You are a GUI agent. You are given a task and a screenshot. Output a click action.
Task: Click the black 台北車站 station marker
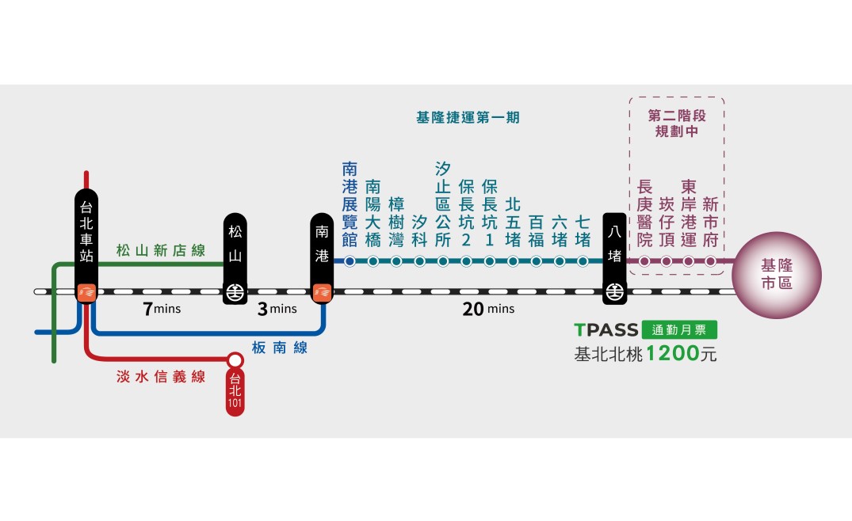(86, 245)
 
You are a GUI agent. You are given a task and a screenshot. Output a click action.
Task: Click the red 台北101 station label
(235, 394)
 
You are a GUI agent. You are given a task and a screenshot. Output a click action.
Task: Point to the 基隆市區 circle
(776, 275)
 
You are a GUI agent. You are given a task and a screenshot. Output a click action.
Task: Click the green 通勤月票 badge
(683, 331)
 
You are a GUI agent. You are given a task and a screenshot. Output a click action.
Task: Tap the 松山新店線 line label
(160, 251)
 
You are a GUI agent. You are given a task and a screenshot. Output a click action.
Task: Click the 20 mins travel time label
(488, 309)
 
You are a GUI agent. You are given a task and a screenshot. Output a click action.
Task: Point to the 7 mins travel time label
(162, 309)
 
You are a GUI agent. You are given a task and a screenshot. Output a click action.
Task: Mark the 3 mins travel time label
(277, 309)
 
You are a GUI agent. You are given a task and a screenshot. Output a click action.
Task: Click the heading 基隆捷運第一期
(468, 117)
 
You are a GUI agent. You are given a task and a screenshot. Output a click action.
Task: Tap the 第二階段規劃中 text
(676, 124)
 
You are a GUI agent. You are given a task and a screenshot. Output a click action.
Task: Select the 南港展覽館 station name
(350, 204)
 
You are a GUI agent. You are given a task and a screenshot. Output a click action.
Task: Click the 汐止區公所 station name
(443, 204)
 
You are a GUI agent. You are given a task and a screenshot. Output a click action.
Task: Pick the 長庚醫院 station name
(645, 212)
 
